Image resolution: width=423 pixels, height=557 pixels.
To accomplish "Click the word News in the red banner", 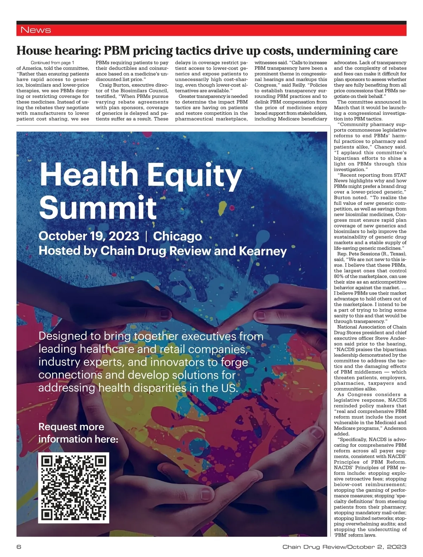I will click(36, 30).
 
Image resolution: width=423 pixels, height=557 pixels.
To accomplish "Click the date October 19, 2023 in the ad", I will click(89, 236).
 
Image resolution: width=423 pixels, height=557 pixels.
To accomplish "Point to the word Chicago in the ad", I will click(177, 236).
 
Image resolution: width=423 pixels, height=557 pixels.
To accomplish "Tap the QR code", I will click(74, 488).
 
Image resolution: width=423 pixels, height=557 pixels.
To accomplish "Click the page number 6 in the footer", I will click(19, 547).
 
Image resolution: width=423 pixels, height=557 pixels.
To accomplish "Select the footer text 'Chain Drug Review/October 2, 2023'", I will click(344, 547).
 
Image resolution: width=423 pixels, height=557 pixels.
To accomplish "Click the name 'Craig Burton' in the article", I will click(113, 85).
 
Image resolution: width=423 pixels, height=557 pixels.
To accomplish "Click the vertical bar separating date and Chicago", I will click(146, 236).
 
